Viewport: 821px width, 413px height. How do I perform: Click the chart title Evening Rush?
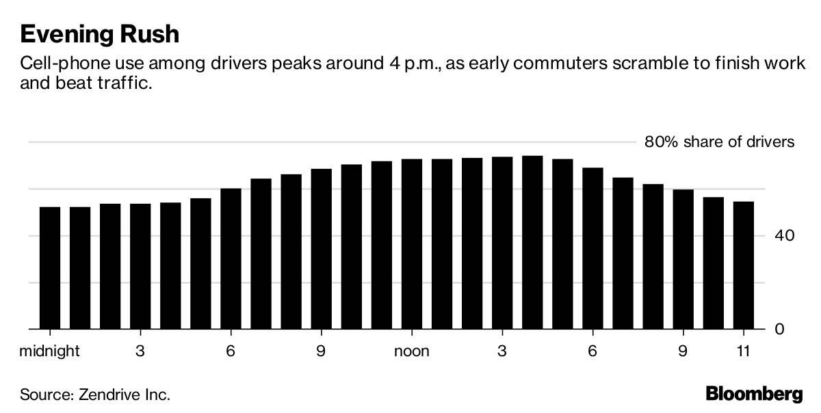(100, 34)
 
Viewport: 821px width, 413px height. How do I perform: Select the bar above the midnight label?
(50, 268)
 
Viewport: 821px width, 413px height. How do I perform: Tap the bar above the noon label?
(412, 244)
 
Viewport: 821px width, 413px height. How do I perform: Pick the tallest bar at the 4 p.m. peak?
(532, 243)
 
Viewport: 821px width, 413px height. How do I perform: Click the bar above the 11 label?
(743, 265)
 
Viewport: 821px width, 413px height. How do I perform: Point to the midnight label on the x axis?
(50, 351)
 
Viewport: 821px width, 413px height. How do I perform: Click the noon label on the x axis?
(412, 351)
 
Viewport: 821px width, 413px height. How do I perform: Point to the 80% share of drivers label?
(719, 142)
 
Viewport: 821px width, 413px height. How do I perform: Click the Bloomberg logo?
(754, 395)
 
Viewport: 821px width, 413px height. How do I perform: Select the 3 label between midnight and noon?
(140, 351)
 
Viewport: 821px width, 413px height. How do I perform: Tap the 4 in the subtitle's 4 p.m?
(389, 65)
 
